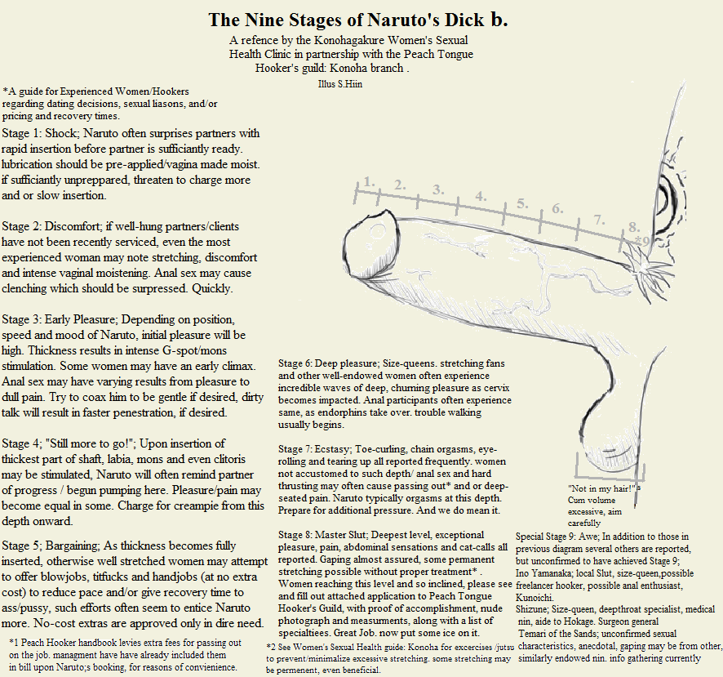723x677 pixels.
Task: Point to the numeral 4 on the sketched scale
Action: click(480, 196)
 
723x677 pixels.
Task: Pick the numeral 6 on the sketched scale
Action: click(557, 208)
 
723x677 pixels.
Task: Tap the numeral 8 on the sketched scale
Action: click(633, 226)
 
